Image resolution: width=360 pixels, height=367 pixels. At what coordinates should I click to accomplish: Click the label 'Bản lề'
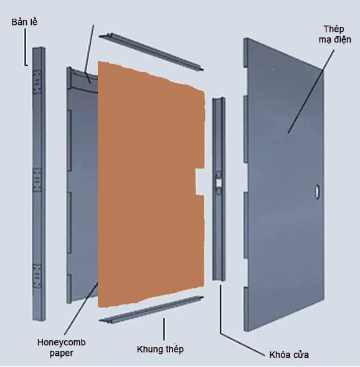24,22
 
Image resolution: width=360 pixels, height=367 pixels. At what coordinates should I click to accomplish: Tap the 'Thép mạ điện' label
334,34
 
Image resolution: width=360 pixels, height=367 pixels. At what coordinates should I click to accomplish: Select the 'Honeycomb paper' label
61,348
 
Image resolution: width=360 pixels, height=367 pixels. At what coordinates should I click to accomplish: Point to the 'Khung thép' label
160,349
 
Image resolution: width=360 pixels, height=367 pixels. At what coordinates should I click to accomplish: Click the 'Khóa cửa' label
289,355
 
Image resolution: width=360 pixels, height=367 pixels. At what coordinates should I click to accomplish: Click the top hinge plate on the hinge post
37,82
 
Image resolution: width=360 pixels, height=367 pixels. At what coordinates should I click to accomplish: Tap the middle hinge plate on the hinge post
37,179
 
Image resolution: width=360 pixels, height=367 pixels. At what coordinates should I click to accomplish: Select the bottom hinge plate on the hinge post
37,276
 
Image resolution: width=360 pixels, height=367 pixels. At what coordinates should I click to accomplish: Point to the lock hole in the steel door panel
318,192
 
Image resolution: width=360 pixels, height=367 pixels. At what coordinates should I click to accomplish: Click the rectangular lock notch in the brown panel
200,182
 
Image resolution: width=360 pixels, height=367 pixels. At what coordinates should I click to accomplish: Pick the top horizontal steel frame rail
151,52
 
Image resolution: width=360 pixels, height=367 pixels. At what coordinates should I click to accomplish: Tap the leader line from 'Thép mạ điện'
311,91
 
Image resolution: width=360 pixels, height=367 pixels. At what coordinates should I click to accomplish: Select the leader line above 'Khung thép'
164,329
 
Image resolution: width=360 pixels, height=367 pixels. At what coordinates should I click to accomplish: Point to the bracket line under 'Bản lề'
26,47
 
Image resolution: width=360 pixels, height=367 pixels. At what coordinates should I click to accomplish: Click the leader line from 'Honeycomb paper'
81,308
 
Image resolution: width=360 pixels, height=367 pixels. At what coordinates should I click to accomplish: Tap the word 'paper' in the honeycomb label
61,353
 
